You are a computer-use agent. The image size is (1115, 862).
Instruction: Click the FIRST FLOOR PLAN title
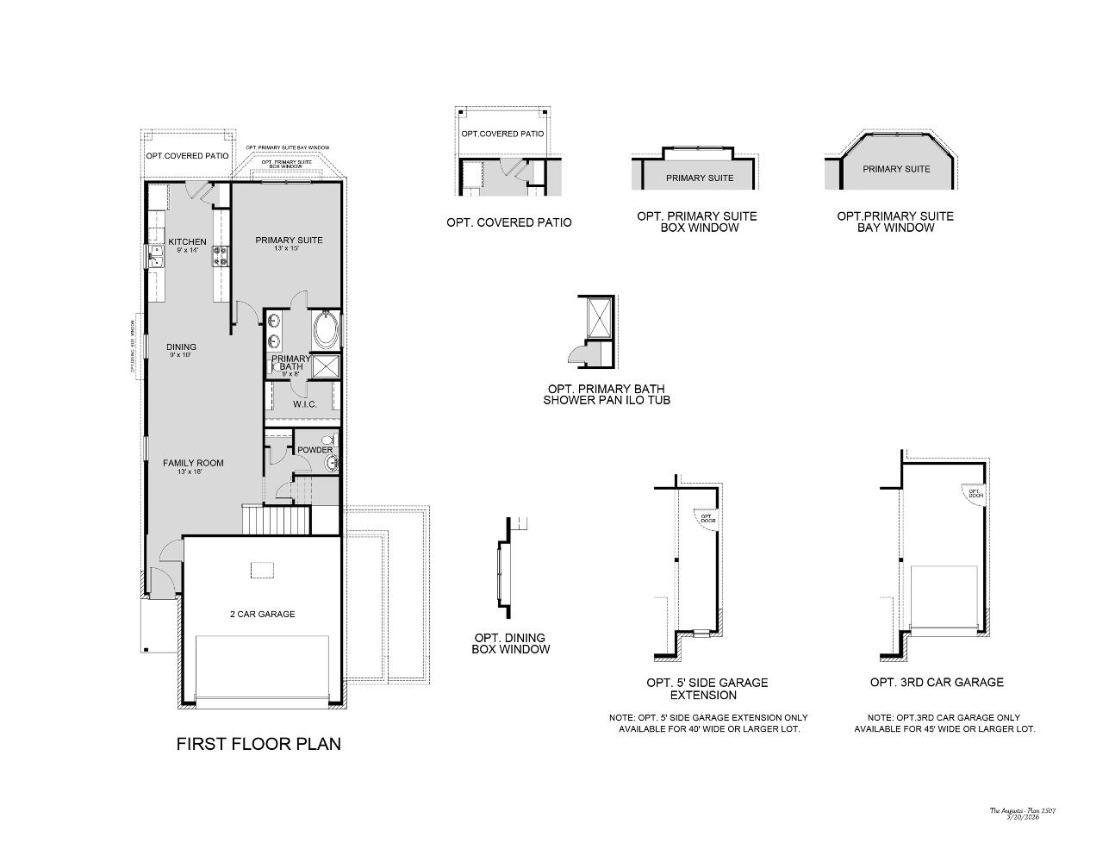(x=259, y=744)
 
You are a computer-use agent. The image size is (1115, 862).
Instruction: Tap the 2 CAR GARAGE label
(x=262, y=615)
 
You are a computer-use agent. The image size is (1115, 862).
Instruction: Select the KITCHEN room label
(x=187, y=241)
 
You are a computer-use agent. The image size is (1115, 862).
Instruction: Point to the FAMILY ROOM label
(x=193, y=463)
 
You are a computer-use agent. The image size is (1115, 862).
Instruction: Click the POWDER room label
(x=315, y=450)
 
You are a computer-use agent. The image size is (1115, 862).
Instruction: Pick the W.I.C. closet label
(x=304, y=404)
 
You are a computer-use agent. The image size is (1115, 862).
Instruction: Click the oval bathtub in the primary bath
(x=327, y=329)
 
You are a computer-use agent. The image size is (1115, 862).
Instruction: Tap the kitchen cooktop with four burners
(x=221, y=255)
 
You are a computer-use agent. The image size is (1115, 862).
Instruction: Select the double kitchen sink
(x=157, y=256)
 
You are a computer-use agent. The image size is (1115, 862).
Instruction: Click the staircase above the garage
(x=277, y=521)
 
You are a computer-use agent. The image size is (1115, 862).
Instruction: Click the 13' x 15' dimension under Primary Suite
(x=288, y=249)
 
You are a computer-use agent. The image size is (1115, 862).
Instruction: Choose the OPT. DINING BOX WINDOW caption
(x=510, y=644)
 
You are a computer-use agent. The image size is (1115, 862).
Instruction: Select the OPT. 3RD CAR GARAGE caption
(x=937, y=682)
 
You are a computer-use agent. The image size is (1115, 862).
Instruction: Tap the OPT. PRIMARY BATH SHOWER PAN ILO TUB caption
(x=607, y=394)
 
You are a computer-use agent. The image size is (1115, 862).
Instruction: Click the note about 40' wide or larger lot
(x=708, y=723)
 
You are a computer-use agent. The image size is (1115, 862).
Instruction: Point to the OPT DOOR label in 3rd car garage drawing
(x=975, y=494)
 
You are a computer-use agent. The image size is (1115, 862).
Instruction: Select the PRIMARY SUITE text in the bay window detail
(x=896, y=169)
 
